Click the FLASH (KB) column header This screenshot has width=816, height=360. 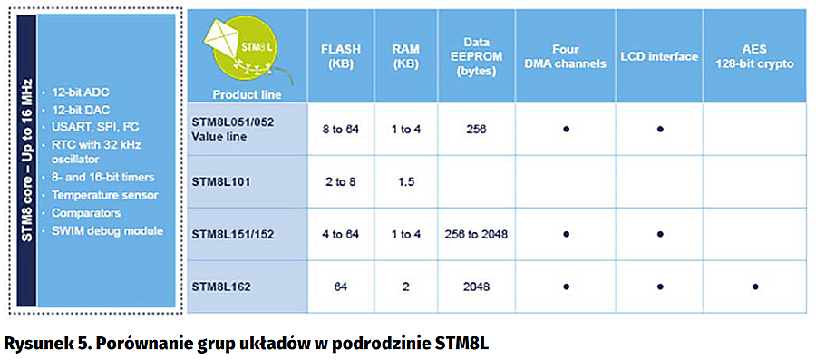(340, 57)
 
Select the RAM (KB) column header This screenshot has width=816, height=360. (405, 57)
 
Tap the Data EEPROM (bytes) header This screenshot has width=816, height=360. (477, 56)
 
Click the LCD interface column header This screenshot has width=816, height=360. (659, 57)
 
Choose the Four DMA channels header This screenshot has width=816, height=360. (566, 57)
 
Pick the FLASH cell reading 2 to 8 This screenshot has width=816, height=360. (340, 182)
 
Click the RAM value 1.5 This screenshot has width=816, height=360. (405, 182)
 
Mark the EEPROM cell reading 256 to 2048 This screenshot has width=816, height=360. (477, 235)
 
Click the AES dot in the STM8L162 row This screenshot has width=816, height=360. (755, 287)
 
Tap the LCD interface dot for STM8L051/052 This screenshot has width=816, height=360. (659, 129)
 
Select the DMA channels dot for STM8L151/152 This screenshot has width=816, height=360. (566, 234)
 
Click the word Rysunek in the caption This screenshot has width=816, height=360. (30, 344)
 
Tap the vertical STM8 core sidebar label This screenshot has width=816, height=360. (26, 161)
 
